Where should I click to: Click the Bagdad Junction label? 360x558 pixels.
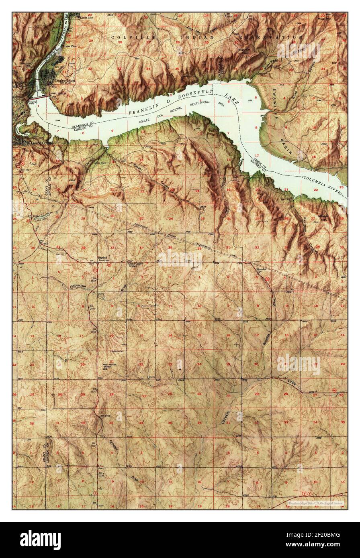click(104, 259)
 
